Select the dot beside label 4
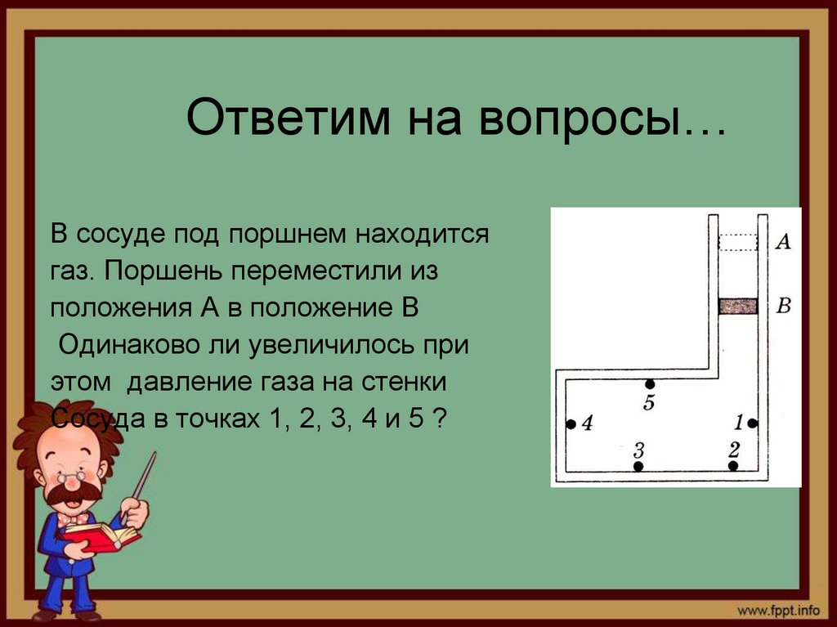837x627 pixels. (x=571, y=424)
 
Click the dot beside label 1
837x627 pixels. (x=752, y=423)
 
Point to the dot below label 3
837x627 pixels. (x=638, y=466)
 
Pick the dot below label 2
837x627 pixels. (x=733, y=465)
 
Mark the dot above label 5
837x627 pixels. (x=650, y=383)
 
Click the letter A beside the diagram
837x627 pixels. (x=782, y=241)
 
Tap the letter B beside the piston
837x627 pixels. (x=783, y=307)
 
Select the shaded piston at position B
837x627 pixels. (x=738, y=307)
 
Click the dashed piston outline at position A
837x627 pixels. (x=738, y=242)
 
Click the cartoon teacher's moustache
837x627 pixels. (x=74, y=493)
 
